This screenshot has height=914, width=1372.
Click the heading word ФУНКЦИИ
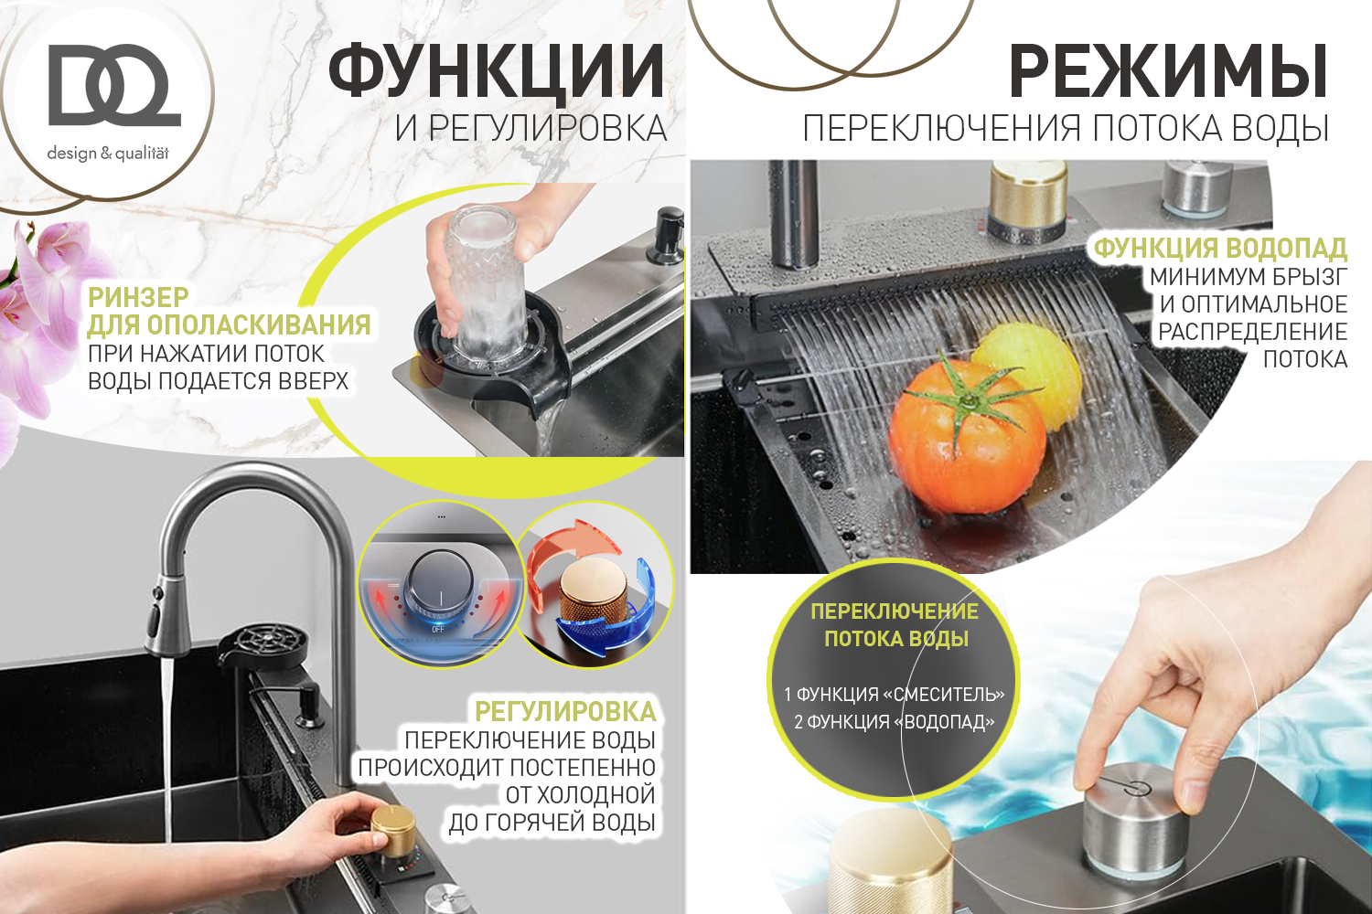click(497, 71)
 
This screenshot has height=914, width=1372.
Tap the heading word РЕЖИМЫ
click(1169, 71)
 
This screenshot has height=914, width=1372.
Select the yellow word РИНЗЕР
click(138, 298)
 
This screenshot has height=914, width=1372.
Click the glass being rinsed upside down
click(484, 282)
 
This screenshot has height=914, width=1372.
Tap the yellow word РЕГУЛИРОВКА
click(564, 712)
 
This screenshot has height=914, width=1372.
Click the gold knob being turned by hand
click(392, 830)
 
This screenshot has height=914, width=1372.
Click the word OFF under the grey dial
click(438, 630)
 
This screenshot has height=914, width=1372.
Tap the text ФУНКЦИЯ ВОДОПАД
click(1220, 249)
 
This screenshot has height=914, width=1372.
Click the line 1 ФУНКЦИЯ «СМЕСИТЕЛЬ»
click(894, 695)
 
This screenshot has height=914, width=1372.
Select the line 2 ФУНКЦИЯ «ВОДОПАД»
click(894, 722)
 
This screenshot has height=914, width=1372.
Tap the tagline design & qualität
click(108, 153)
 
